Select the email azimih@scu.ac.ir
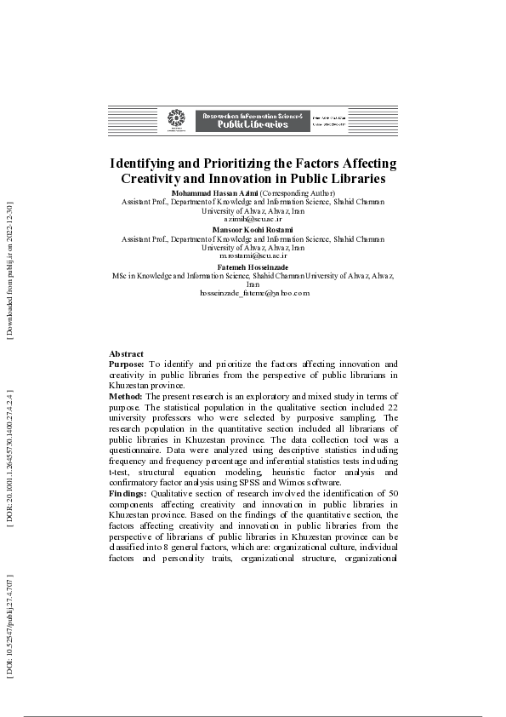pos(253,218)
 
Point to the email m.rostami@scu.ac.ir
pos(253,255)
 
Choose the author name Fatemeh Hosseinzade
pos(253,267)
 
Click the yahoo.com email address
pos(253,292)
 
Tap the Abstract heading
pos(126,353)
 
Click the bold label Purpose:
pos(127,364)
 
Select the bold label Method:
pos(127,397)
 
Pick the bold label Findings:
pos(128,494)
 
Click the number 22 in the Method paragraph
pos(391,408)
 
